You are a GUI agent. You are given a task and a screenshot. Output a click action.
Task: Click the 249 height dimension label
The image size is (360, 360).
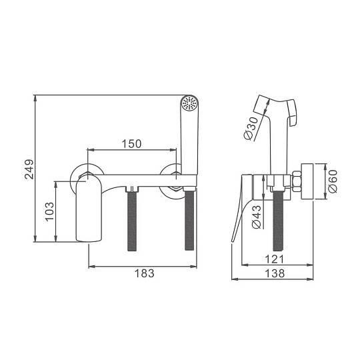[29, 169]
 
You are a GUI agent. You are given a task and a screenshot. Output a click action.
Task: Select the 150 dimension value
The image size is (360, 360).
[131, 144]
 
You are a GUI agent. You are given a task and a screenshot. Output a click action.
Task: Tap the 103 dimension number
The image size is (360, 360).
[49, 212]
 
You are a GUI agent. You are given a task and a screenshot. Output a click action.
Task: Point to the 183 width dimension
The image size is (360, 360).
[145, 273]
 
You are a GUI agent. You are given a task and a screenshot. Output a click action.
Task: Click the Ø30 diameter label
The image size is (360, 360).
[251, 129]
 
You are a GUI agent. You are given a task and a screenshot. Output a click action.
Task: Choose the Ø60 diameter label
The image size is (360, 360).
[333, 181]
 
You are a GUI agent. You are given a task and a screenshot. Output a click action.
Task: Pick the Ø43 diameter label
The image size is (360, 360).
[257, 217]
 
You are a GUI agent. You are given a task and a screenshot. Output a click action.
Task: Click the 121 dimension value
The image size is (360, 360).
[275, 259]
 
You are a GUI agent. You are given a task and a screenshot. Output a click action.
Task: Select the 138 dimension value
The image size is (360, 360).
[275, 273]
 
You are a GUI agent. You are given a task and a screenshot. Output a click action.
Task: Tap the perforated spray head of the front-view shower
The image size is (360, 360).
[189, 103]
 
